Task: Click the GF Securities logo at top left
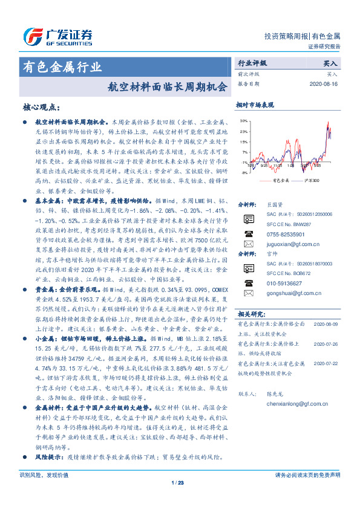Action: [x=57, y=36]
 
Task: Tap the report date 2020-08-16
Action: [x=326, y=83]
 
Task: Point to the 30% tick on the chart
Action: [x=243, y=122]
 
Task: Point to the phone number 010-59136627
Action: [x=284, y=283]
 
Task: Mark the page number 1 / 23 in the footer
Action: [x=177, y=482]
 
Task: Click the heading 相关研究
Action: [x=249, y=314]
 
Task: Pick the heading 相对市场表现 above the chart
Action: [x=255, y=104]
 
